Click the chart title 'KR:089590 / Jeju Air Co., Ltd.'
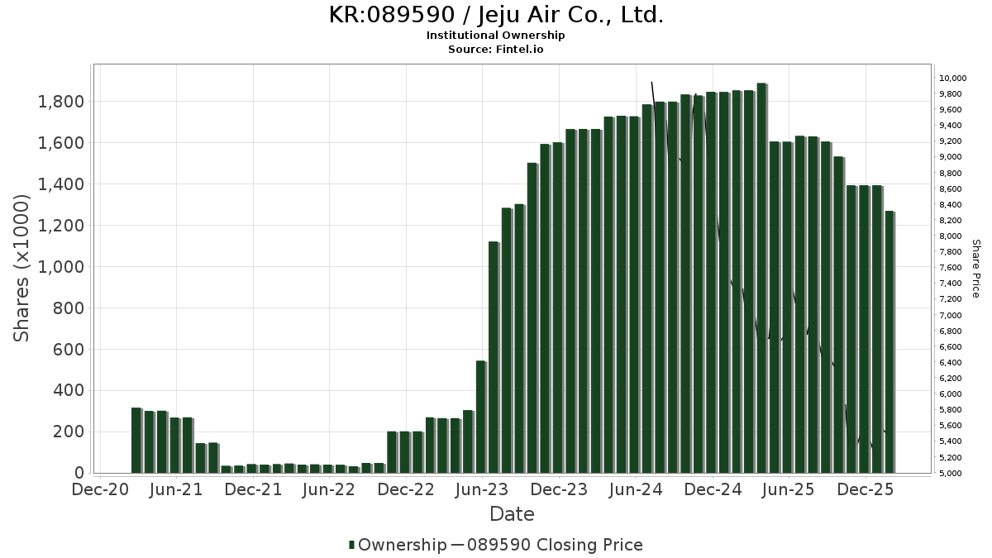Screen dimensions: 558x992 click(x=496, y=15)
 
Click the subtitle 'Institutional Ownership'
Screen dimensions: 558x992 click(x=496, y=36)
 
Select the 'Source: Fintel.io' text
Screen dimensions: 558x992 click(x=496, y=49)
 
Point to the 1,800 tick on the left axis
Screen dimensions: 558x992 click(x=61, y=102)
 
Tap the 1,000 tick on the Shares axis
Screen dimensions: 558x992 click(x=61, y=267)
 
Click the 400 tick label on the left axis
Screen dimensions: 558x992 click(x=69, y=390)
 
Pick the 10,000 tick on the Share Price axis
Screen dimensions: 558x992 click(x=951, y=78)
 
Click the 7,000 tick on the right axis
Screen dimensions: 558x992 click(x=949, y=315)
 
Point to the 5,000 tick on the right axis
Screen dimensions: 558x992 click(x=949, y=474)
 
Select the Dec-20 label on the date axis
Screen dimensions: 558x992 click(x=100, y=489)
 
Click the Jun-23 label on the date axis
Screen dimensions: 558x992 click(x=482, y=489)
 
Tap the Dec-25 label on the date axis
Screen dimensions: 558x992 click(x=865, y=489)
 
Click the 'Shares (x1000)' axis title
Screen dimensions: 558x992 click(x=21, y=267)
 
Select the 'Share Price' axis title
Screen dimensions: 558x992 click(x=975, y=269)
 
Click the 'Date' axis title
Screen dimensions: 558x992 click(x=512, y=514)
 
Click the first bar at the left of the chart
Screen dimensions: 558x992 click(x=136, y=440)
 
